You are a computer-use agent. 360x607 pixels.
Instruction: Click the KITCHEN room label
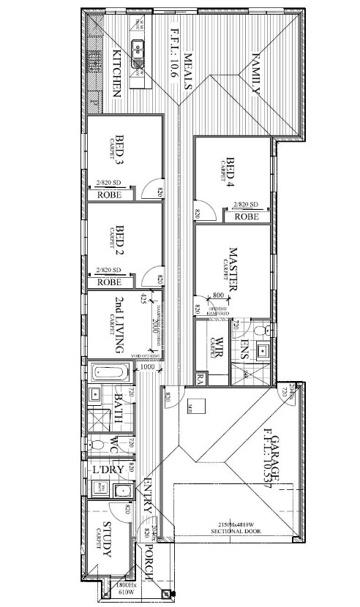pyautogui.click(x=116, y=73)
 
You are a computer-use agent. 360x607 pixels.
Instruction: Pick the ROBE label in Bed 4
pyautogui.click(x=247, y=216)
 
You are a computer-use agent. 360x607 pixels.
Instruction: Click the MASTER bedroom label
pyautogui.click(x=233, y=270)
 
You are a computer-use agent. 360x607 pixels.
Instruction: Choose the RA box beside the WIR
pyautogui.click(x=201, y=378)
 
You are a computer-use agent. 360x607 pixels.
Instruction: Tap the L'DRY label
pyautogui.click(x=106, y=468)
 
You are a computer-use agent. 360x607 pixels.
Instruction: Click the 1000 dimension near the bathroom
pyautogui.click(x=147, y=367)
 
